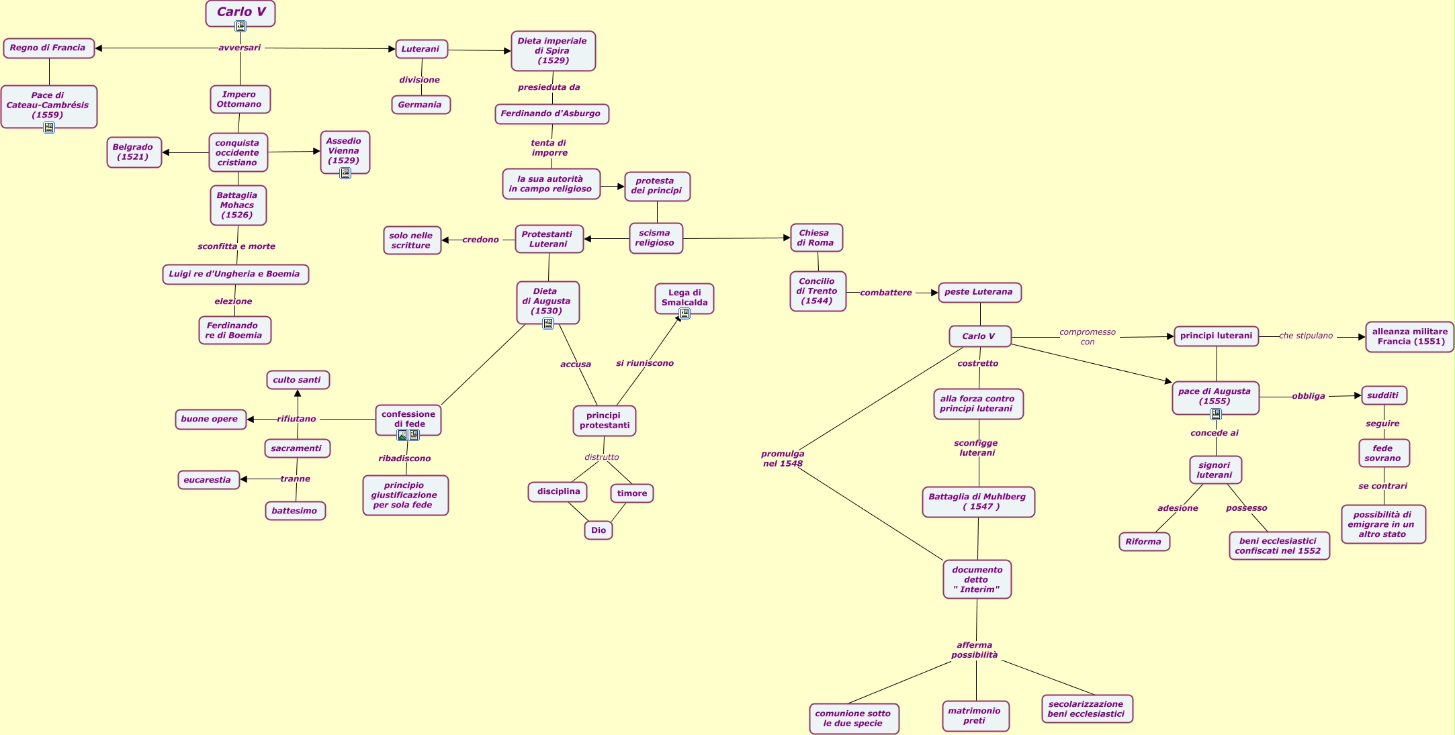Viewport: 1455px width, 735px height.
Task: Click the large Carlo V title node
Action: point(240,11)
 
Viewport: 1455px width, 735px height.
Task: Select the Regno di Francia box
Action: point(48,48)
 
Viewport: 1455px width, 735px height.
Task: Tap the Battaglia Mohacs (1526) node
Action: point(238,205)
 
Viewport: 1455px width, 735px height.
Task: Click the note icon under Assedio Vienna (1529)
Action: point(345,173)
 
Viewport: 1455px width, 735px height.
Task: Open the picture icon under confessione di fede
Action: point(402,435)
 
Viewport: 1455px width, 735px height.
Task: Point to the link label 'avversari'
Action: point(239,48)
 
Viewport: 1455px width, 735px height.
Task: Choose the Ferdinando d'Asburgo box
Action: point(552,114)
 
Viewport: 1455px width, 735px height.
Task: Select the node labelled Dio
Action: point(598,530)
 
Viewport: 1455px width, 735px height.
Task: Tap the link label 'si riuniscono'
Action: point(644,363)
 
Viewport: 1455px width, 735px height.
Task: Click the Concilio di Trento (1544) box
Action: point(818,291)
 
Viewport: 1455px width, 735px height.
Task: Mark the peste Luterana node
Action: point(979,293)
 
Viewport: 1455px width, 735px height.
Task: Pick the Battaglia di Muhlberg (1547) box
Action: point(977,502)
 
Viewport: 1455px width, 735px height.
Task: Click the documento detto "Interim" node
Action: point(977,579)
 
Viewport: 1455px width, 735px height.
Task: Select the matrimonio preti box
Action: point(975,716)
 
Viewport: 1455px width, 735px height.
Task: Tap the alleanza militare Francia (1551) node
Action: point(1409,336)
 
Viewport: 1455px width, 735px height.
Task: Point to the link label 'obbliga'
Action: point(1308,396)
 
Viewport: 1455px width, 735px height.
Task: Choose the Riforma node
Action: point(1144,542)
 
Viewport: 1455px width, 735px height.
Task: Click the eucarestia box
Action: point(208,480)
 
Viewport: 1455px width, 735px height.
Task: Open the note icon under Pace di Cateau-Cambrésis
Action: point(49,128)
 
